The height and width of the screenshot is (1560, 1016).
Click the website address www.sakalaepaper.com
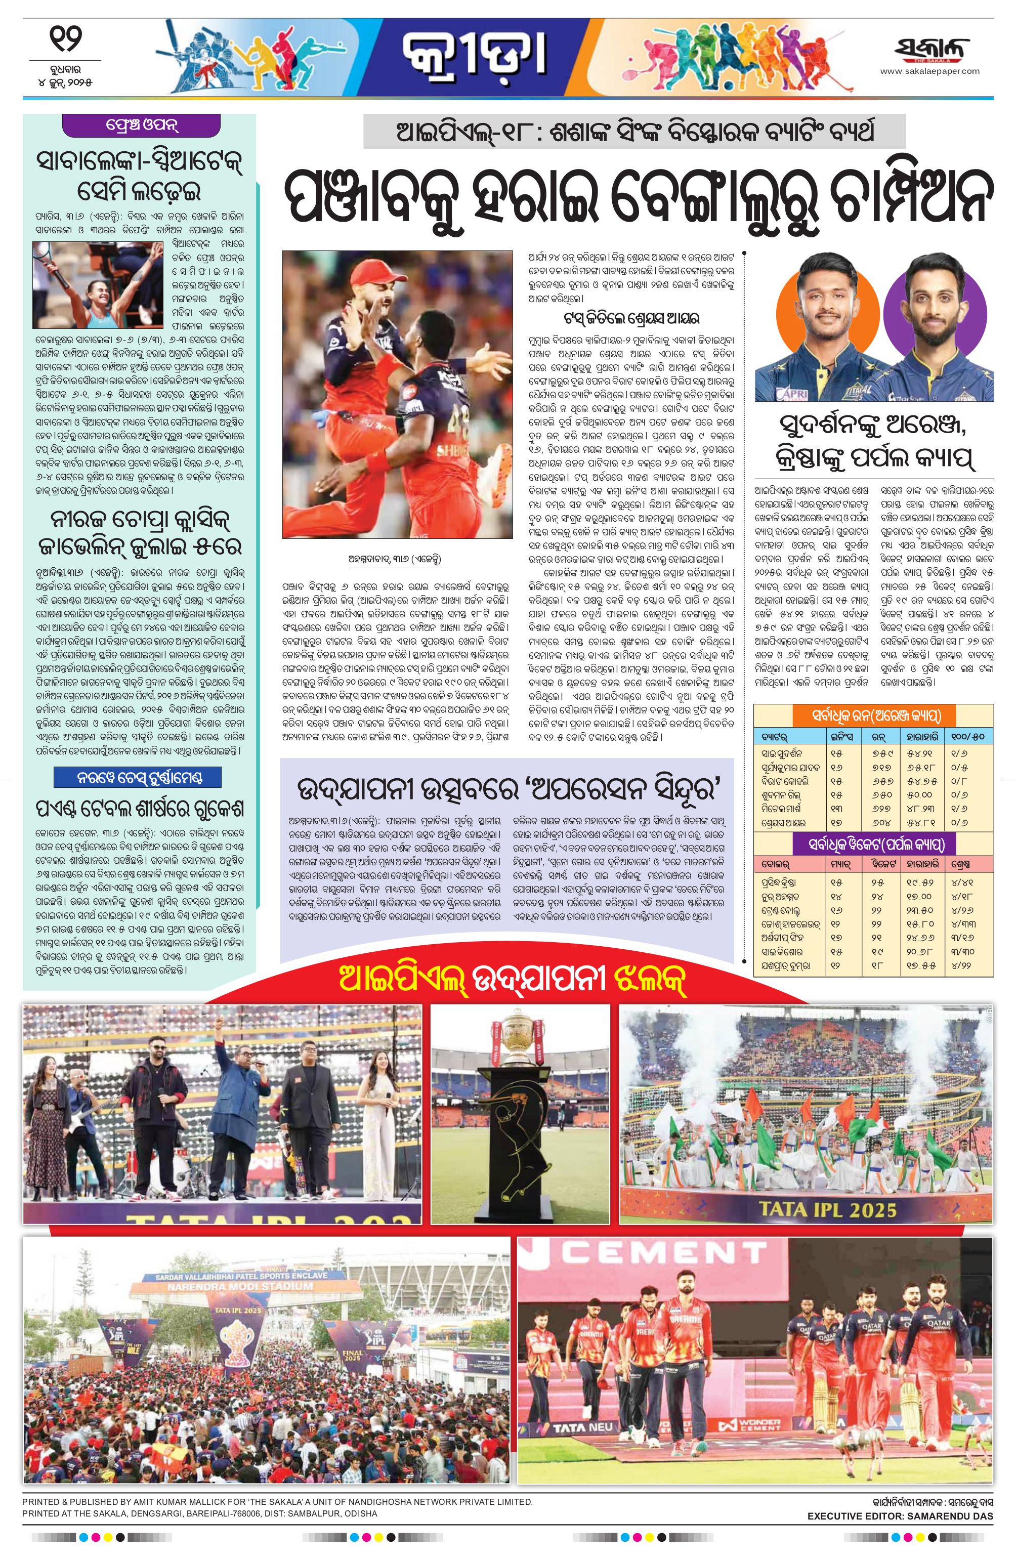(x=929, y=71)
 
